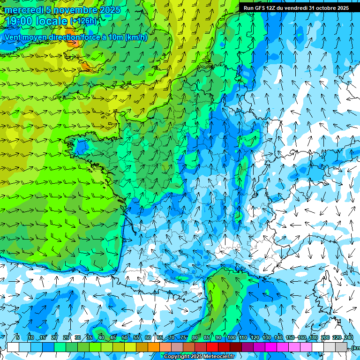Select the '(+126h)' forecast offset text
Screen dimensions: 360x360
click(x=83, y=21)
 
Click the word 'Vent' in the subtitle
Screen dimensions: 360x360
click(x=14, y=37)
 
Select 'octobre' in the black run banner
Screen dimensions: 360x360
click(x=325, y=8)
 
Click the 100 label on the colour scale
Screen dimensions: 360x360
click(x=231, y=338)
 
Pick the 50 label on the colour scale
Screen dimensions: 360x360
click(x=125, y=338)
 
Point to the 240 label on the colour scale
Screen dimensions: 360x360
click(x=349, y=338)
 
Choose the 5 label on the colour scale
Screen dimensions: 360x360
click(x=18, y=338)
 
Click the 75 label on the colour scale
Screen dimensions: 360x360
click(x=183, y=338)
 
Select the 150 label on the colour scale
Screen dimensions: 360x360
click(x=290, y=338)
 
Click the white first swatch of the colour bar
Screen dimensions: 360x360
click(x=13, y=347)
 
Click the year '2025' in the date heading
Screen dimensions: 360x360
click(x=109, y=10)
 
